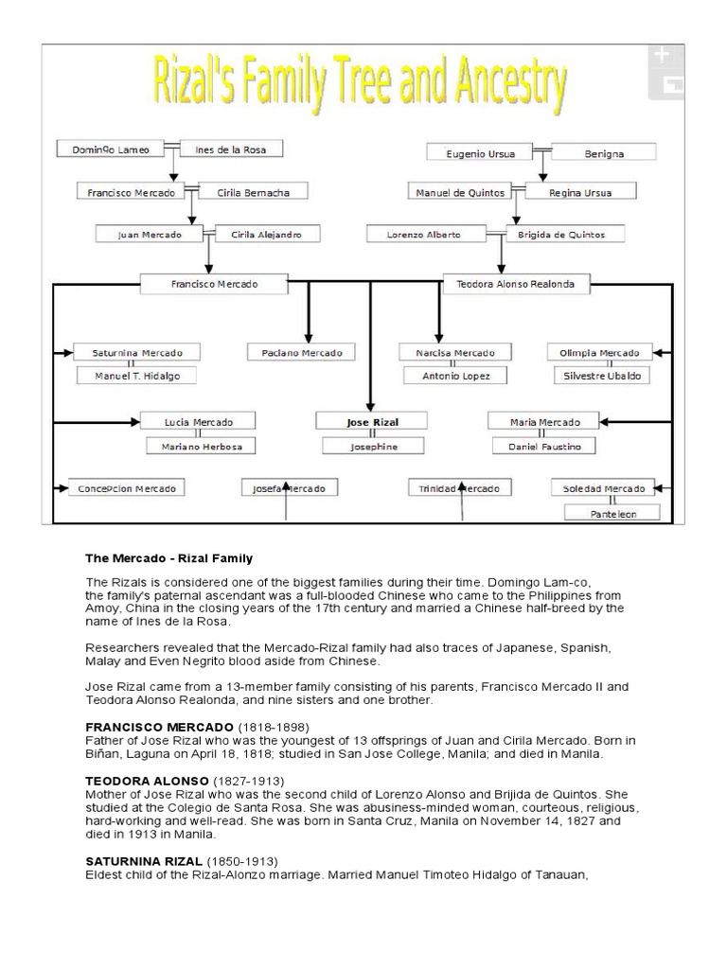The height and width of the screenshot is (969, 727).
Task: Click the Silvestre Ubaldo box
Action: pyautogui.click(x=603, y=376)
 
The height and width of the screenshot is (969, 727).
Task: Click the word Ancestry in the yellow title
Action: pyautogui.click(x=491, y=87)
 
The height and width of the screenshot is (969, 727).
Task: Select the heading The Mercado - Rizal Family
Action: pyautogui.click(x=156, y=558)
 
